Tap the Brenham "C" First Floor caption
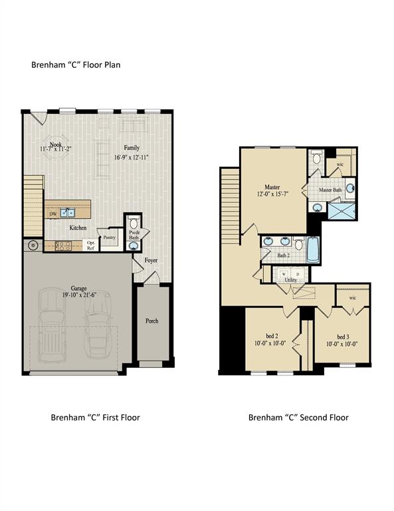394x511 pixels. [95, 418]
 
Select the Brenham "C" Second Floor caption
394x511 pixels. [298, 418]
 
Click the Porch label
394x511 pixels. [152, 321]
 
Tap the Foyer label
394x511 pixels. [151, 260]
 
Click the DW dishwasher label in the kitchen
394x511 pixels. [52, 214]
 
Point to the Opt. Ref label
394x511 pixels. [91, 246]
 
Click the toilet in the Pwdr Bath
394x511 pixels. [133, 222]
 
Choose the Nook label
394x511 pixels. [47, 142]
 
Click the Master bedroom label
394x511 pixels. [272, 187]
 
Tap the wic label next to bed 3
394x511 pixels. [353, 297]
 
